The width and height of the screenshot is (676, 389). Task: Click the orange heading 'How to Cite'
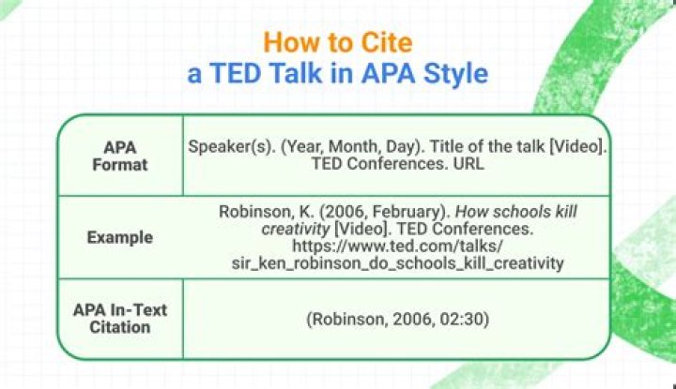338,42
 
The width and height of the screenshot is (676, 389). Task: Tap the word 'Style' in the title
455,74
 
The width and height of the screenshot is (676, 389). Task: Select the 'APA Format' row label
120,157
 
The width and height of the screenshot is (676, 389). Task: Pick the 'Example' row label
120,237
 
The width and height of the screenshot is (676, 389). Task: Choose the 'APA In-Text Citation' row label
120,319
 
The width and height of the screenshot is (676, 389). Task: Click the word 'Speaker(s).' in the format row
232,147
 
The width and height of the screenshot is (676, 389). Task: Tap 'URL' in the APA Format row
469,163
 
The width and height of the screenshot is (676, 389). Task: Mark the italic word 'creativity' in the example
296,229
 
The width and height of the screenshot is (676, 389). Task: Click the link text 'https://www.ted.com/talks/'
397,247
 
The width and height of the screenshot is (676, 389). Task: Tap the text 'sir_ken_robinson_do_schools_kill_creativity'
397,263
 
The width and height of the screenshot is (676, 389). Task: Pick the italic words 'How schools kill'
516,212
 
